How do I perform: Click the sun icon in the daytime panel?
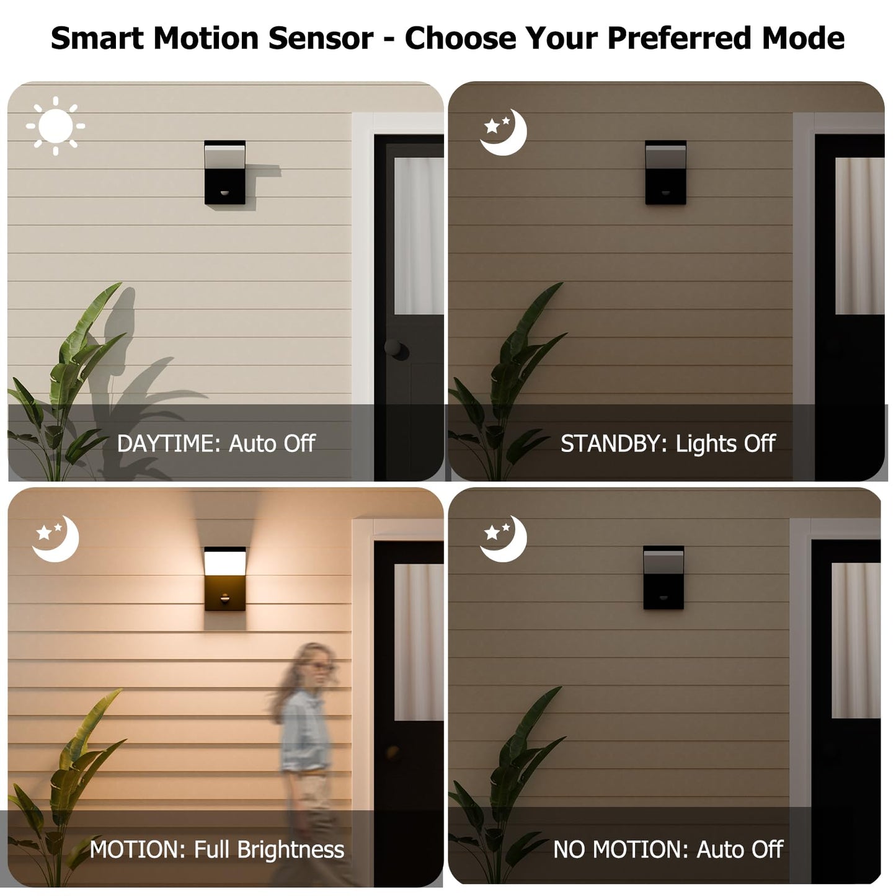point(56,126)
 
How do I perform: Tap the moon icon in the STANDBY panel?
point(507,133)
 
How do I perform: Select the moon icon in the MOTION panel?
point(58,539)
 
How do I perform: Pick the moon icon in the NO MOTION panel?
point(507,539)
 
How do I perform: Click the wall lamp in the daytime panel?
point(224,172)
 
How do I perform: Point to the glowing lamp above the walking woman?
point(224,579)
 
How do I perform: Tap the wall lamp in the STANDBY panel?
point(665,172)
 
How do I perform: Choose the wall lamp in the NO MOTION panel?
point(663,577)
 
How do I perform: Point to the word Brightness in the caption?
point(291,849)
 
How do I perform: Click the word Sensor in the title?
point(321,38)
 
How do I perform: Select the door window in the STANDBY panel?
point(859,236)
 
